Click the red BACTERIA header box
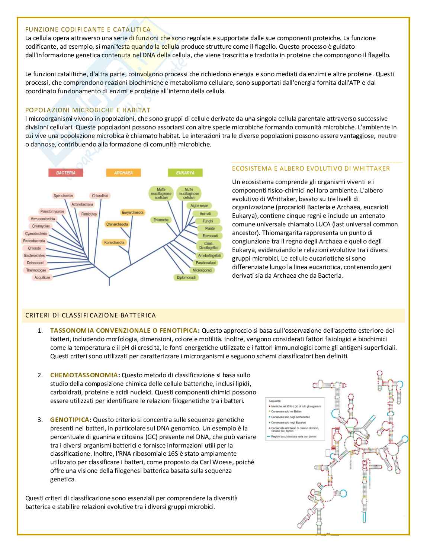(66, 173)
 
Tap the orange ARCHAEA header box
(123, 173)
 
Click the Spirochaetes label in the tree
(64, 196)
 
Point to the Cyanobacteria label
(36, 233)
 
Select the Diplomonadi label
(186, 277)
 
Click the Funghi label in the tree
(208, 221)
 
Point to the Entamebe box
(161, 220)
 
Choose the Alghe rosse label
(199, 206)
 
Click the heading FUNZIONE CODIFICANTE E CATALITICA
(88, 29)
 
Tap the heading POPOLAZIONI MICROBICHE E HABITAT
(88, 110)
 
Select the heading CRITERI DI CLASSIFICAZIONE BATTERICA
(90, 316)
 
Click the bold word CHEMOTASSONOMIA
(84, 375)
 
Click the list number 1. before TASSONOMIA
(40, 330)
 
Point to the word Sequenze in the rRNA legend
(274, 401)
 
